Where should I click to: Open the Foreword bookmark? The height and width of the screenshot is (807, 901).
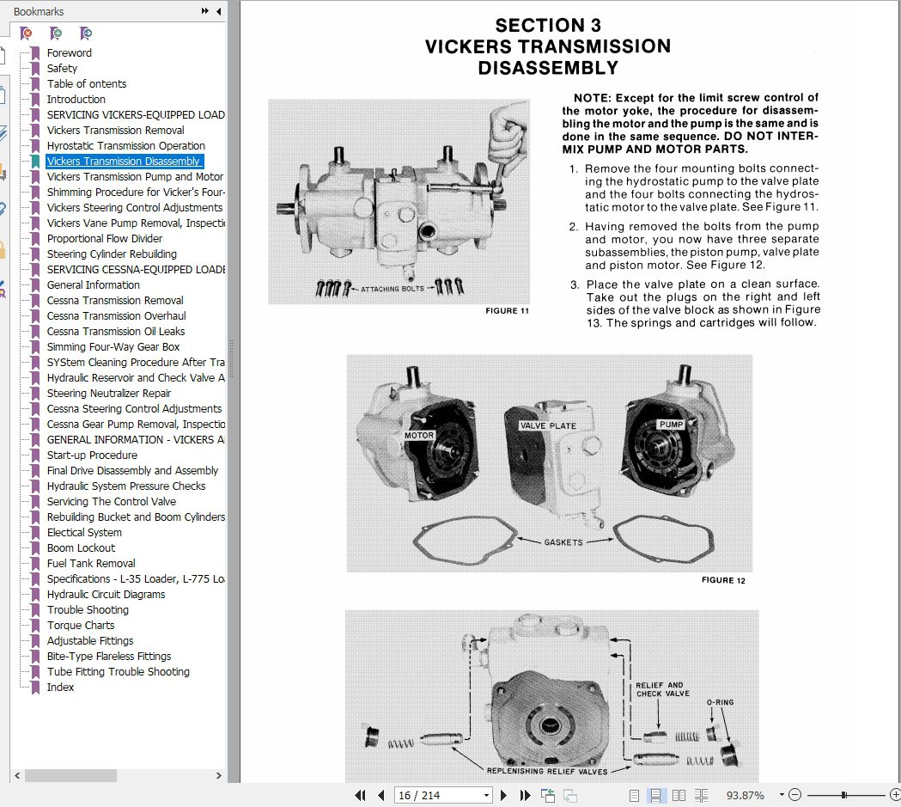tap(69, 53)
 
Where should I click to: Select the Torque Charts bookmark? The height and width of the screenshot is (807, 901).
tap(81, 626)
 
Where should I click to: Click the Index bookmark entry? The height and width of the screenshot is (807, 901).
tap(60, 688)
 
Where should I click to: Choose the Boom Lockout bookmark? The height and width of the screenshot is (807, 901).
tap(81, 548)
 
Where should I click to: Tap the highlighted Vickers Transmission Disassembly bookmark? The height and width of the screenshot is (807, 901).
tap(124, 162)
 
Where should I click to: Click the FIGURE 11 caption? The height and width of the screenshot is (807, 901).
tap(507, 311)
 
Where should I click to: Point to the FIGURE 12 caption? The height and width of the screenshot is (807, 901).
tap(723, 580)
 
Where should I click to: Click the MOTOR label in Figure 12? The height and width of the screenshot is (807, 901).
tap(419, 436)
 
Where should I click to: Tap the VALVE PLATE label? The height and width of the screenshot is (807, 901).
tap(548, 426)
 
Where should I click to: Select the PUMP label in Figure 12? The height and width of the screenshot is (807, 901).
tap(671, 425)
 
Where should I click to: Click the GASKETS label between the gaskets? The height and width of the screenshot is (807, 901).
tap(563, 542)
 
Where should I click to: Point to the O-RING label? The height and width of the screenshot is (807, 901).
tap(720, 702)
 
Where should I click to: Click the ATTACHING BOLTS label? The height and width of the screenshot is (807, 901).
tap(393, 289)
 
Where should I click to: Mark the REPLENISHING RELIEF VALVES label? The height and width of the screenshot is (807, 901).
tap(547, 772)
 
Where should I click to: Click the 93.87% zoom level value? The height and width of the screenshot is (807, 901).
tap(745, 796)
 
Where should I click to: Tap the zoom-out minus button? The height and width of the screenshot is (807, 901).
tap(794, 795)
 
